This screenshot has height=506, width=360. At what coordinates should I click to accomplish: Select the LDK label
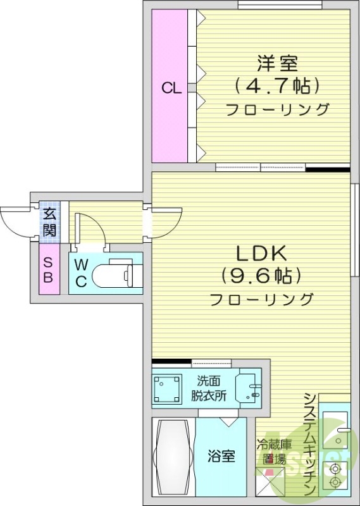click(x=262, y=254)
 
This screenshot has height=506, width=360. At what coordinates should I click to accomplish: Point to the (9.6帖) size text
click(x=261, y=276)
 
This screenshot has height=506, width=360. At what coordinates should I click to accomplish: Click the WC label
click(x=81, y=273)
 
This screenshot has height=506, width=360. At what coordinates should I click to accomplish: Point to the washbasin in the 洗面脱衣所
click(x=248, y=389)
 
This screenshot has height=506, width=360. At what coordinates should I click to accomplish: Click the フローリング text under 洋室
click(x=277, y=109)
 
